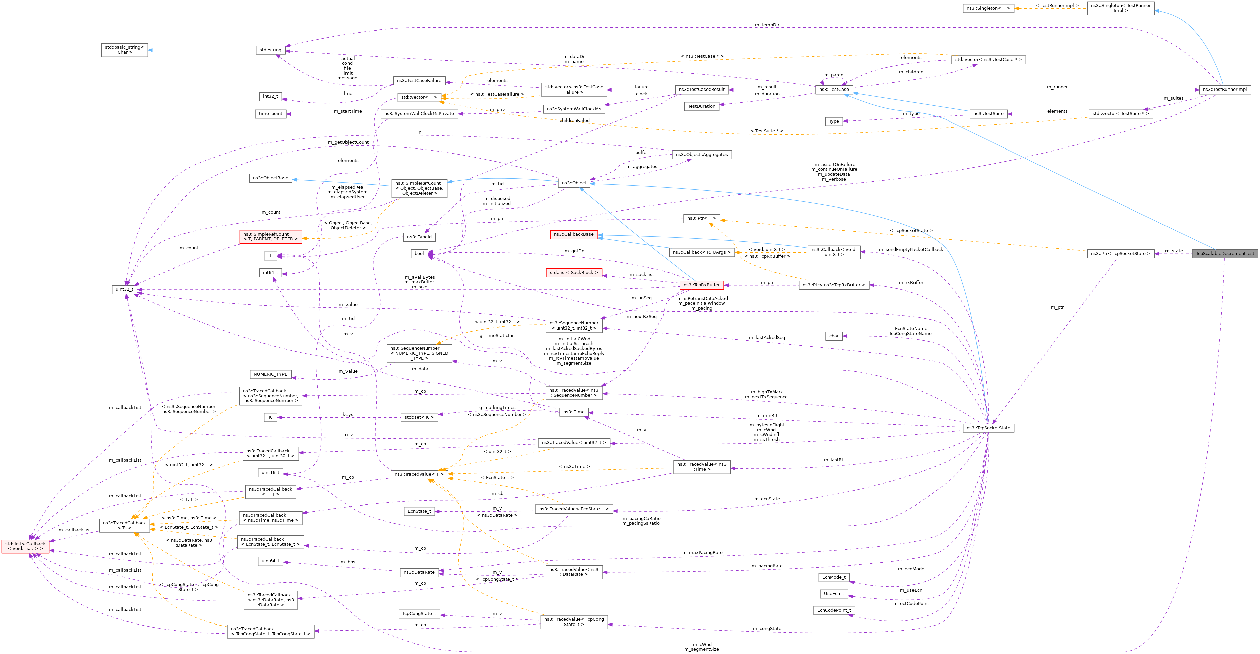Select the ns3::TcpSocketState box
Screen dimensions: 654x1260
click(x=988, y=428)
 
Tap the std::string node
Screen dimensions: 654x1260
click(x=270, y=50)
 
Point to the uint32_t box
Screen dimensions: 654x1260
click(x=124, y=289)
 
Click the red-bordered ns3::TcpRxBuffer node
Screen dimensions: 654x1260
click(x=701, y=285)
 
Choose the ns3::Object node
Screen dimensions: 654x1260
click(x=574, y=183)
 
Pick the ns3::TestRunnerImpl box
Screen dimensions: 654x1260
click(x=1224, y=90)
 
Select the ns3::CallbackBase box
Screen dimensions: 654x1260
click(x=574, y=234)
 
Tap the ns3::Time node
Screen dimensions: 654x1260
click(x=574, y=412)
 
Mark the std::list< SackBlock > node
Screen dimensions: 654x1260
click(x=574, y=273)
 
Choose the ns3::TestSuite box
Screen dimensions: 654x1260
click(x=988, y=114)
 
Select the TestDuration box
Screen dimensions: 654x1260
click(x=701, y=106)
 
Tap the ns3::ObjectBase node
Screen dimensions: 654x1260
click(x=270, y=178)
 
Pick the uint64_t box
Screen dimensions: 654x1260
click(x=270, y=561)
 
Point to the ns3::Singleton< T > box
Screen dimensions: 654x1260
click(x=988, y=8)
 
